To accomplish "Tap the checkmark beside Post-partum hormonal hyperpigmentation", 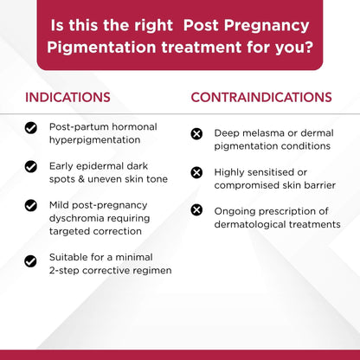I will [x=31, y=127].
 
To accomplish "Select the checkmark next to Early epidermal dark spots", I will [x=31, y=165].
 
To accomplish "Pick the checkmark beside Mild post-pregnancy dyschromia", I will [x=31, y=207].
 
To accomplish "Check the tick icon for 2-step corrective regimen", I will [x=31, y=259].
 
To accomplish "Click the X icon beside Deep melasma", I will [x=196, y=133].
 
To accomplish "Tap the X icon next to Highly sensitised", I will [x=196, y=172].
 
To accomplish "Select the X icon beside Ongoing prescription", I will [x=196, y=210].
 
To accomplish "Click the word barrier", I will [x=315, y=185].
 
